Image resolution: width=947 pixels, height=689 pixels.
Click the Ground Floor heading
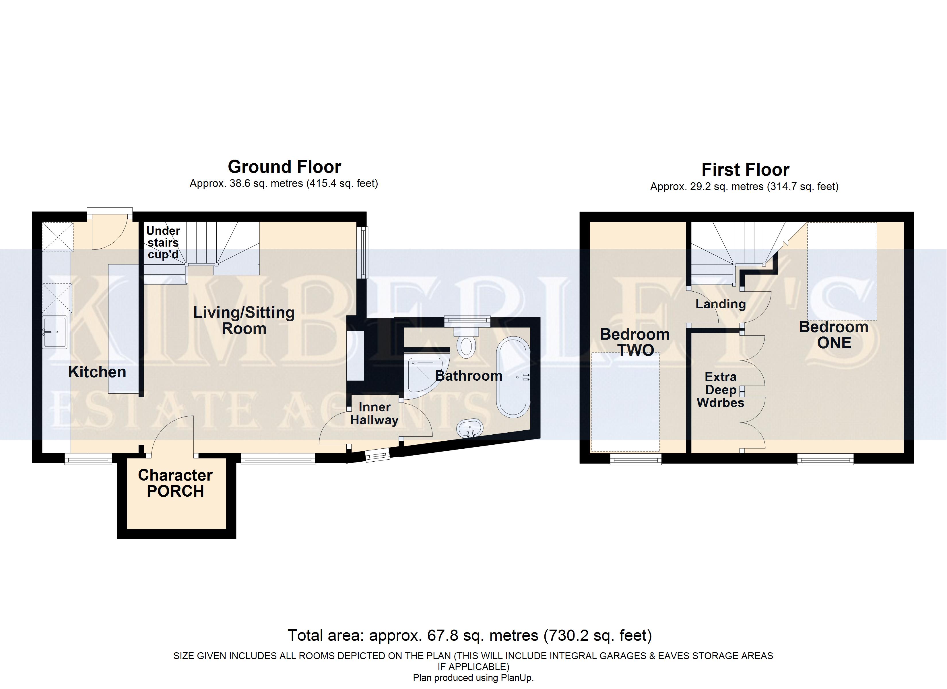[284, 167]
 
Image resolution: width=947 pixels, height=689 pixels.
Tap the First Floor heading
[745, 170]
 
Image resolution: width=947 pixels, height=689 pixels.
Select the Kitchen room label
[97, 372]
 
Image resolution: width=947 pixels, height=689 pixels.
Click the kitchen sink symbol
[55, 332]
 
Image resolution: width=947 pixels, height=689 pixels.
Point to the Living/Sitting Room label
[244, 320]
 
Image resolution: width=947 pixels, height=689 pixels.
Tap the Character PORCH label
[175, 483]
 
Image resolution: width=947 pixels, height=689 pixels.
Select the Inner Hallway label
[374, 413]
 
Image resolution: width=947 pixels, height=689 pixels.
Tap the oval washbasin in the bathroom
[470, 429]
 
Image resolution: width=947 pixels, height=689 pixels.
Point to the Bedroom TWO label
[635, 342]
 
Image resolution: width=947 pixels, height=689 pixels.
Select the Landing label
[721, 304]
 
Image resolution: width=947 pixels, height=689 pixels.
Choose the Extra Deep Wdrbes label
[721, 390]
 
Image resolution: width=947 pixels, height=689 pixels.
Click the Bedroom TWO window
[636, 460]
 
